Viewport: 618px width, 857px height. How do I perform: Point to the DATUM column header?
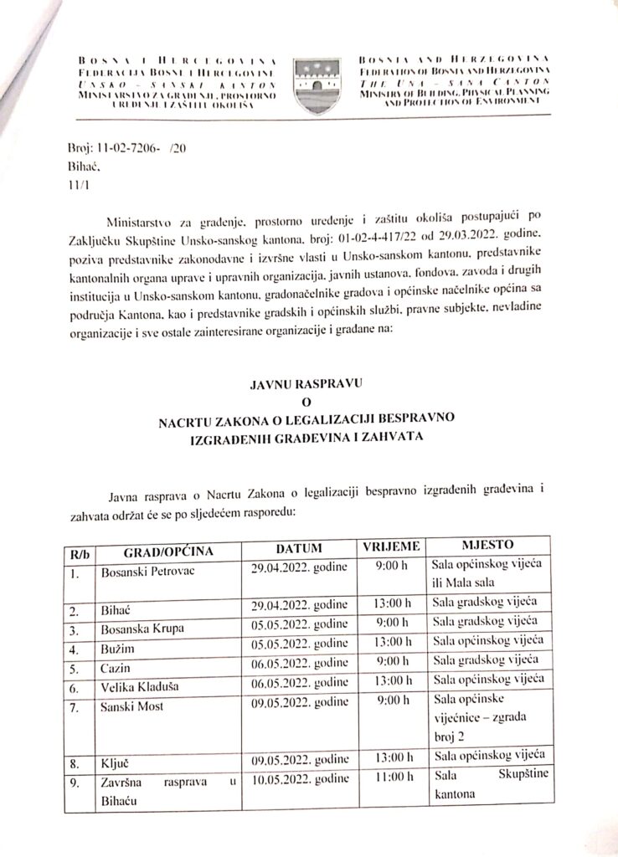coord(299,549)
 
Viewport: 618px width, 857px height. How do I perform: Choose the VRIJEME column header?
coord(390,547)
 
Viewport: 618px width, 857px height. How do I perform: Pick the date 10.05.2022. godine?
coord(300,780)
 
